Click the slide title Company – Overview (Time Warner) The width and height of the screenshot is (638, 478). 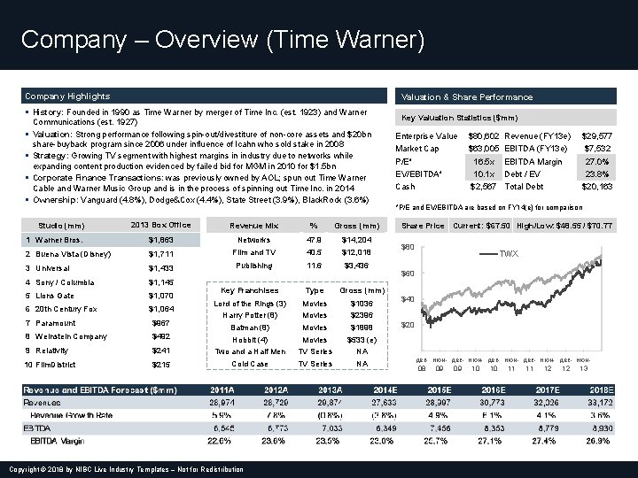pos(222,40)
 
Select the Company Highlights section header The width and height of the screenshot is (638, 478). pos(67,96)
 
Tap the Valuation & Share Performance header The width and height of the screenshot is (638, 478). pos(467,96)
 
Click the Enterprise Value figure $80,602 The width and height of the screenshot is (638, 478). pos(484,135)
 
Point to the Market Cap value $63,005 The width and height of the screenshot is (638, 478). pos(484,149)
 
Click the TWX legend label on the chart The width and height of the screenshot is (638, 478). pos(508,253)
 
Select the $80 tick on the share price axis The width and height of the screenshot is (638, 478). pos(408,246)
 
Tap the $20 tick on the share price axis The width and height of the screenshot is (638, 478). pos(408,326)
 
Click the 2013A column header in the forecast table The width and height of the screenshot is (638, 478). pos(330,389)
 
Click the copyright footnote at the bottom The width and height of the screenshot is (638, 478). pos(123,469)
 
